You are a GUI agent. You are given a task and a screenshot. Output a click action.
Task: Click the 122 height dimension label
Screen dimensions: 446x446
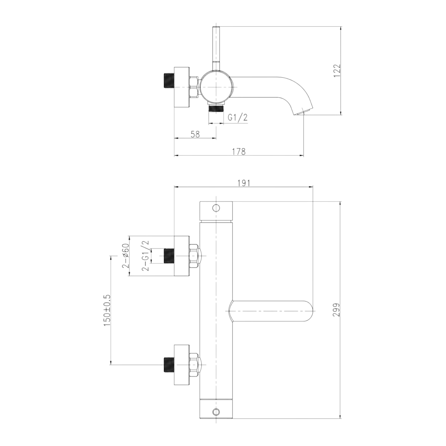pyautogui.click(x=337, y=71)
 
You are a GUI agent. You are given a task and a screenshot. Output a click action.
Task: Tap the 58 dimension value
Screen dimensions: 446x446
pyautogui.click(x=195, y=134)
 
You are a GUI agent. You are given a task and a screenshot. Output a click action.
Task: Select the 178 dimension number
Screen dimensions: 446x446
pyautogui.click(x=239, y=151)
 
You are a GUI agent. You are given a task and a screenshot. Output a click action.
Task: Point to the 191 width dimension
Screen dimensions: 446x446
pyautogui.click(x=243, y=183)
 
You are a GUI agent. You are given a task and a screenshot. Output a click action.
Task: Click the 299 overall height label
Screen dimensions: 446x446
pyautogui.click(x=337, y=310)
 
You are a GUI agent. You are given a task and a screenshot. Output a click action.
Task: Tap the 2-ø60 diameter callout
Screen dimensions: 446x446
pyautogui.click(x=126, y=255)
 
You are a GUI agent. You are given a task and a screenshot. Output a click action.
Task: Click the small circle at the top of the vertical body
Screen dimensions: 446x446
pyautogui.click(x=216, y=208)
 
